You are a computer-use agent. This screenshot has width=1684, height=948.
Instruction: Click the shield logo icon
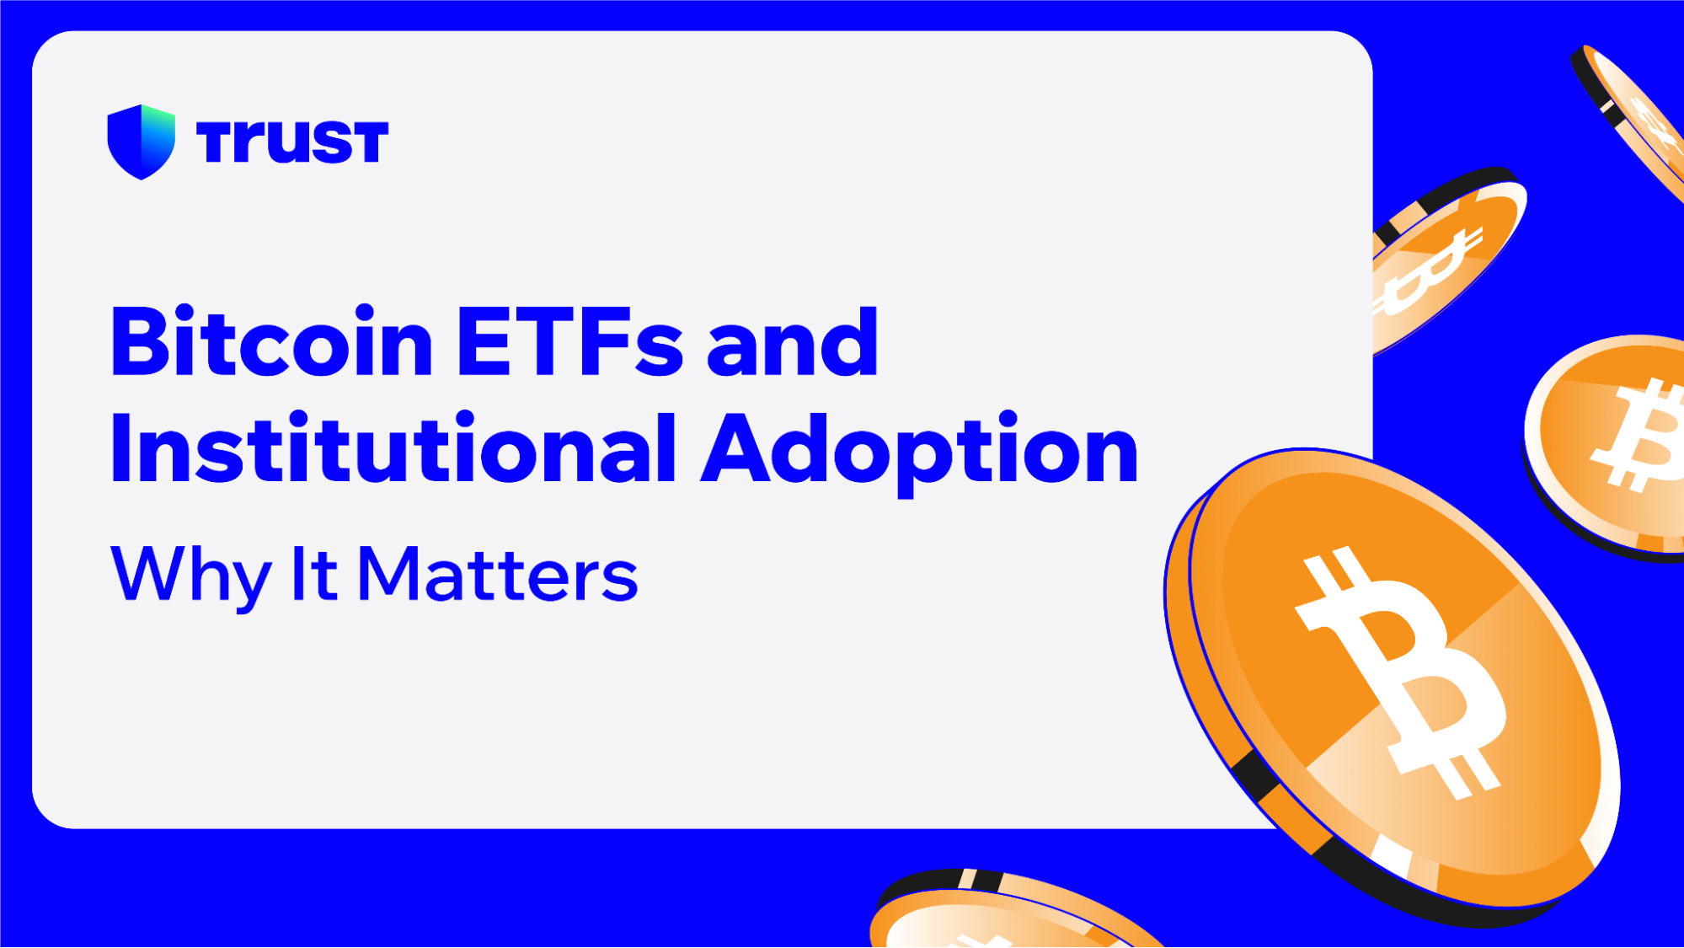141,142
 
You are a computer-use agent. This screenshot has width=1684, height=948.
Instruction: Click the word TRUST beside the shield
291,142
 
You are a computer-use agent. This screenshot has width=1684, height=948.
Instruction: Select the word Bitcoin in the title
271,343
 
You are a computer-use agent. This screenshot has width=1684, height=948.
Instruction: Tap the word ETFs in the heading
569,343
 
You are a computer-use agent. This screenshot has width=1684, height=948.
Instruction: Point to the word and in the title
793,343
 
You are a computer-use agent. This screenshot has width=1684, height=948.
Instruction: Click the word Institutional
393,451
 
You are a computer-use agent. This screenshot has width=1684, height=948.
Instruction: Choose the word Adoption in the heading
920,451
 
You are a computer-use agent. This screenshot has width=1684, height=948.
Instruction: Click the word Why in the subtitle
190,576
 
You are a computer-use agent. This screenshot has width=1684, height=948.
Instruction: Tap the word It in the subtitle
313,574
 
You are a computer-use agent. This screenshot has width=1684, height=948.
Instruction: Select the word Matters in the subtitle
497,576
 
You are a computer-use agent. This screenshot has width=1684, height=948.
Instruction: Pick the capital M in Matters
388,574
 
